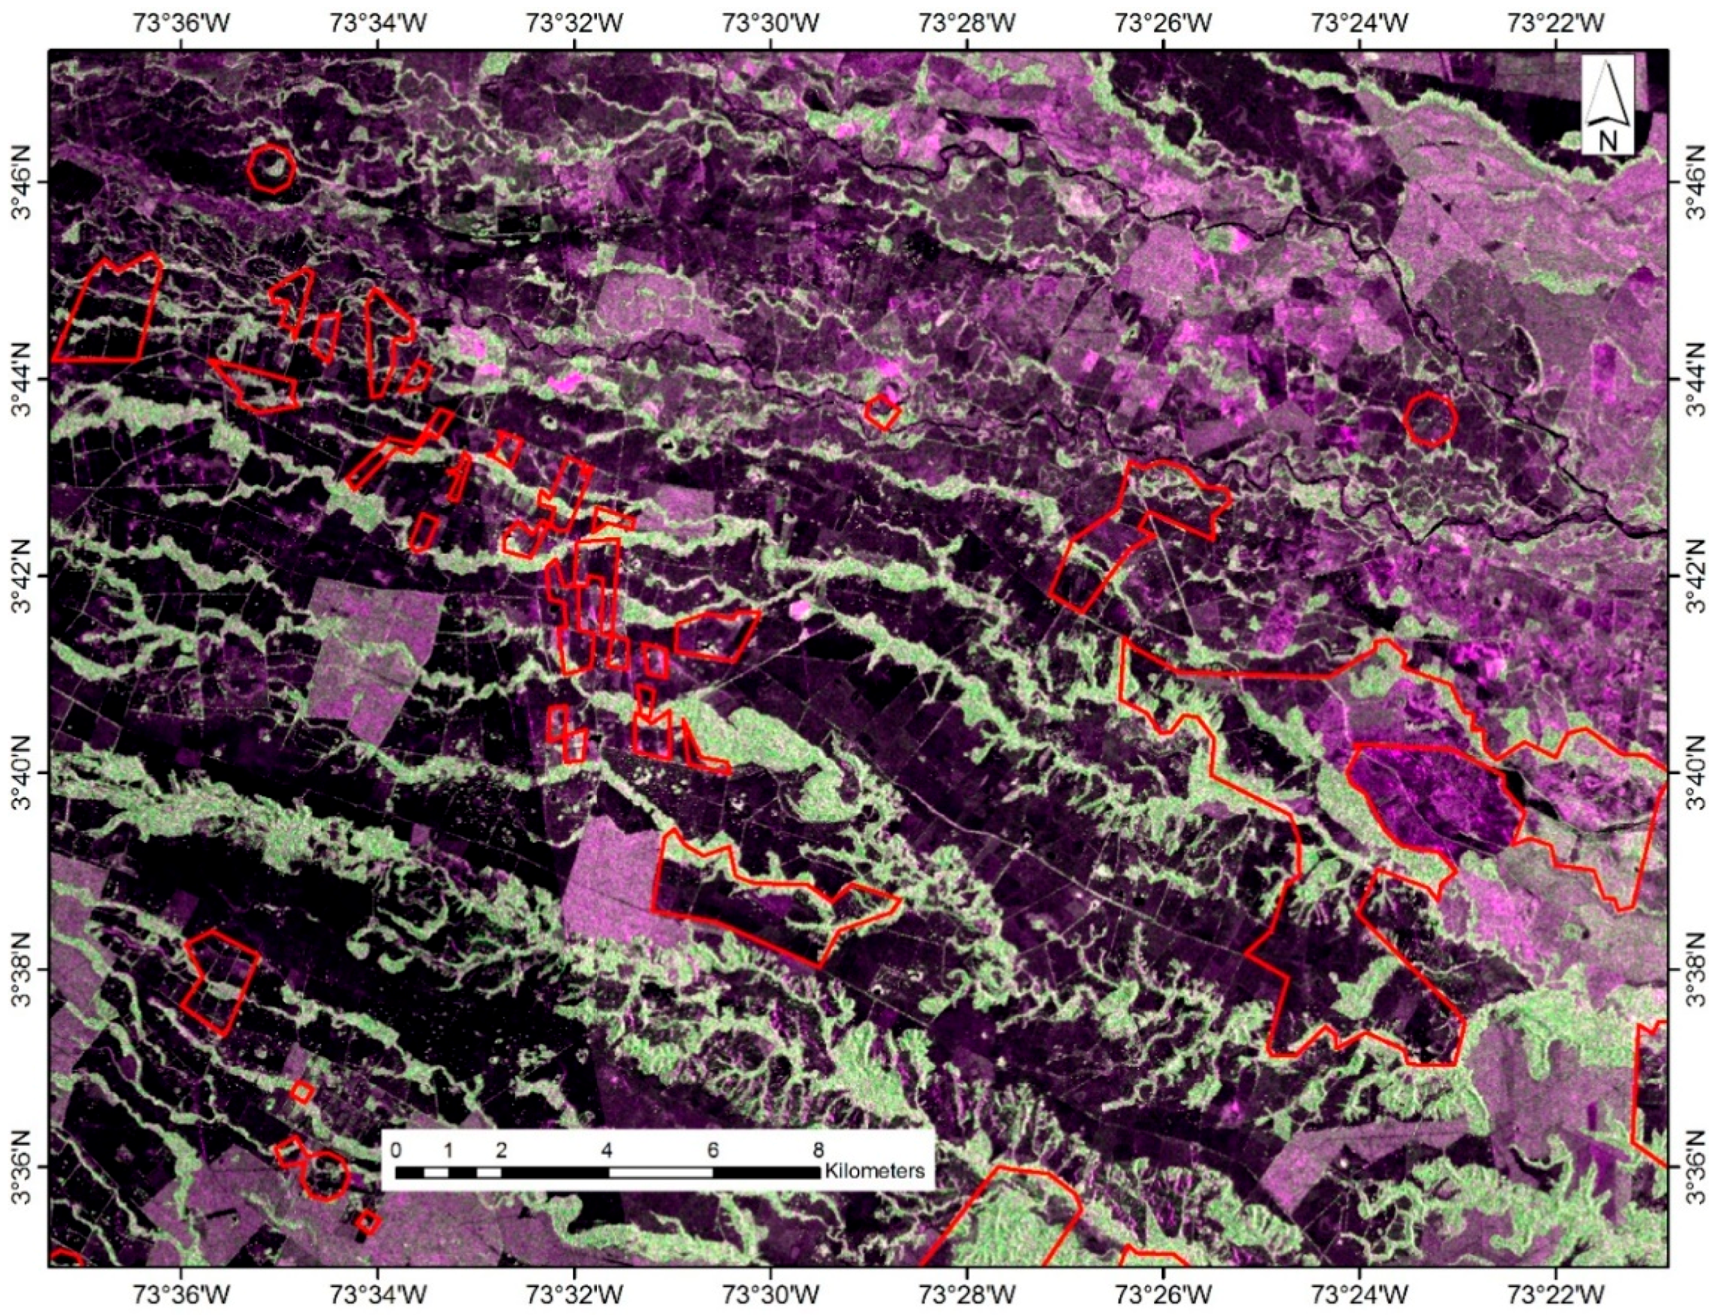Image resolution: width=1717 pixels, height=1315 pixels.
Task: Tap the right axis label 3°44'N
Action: pos(1694,378)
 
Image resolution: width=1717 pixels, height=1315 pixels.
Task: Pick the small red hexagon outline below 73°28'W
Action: pos(882,411)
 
